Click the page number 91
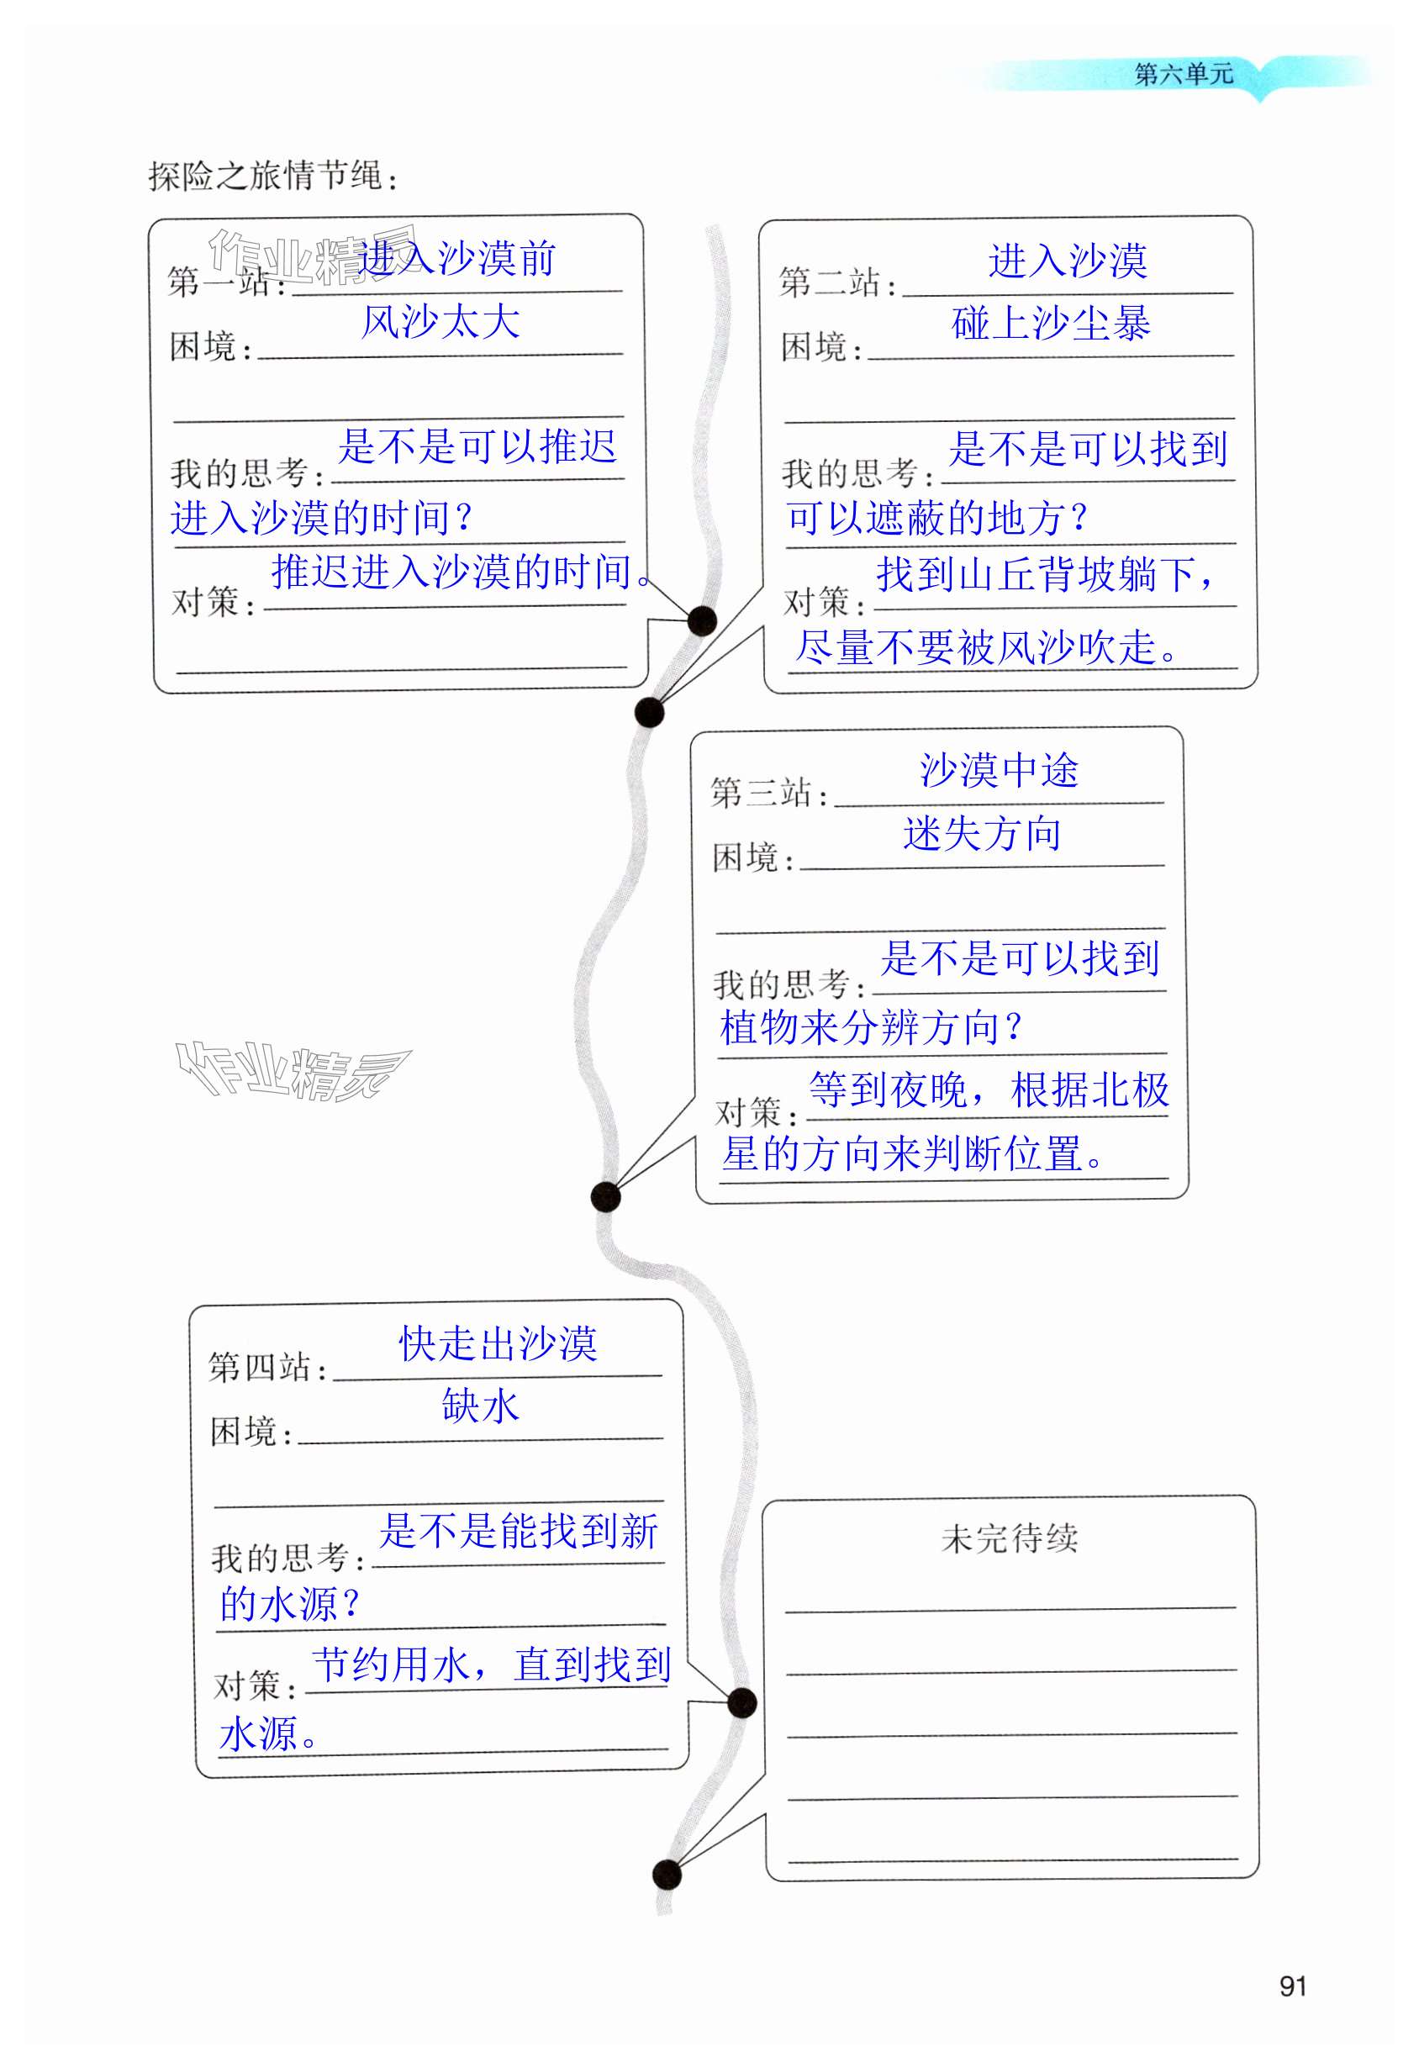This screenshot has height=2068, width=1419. [1292, 1986]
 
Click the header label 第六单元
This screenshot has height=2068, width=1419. [1184, 74]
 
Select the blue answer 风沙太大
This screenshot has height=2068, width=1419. [440, 321]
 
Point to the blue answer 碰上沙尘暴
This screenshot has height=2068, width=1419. [1050, 323]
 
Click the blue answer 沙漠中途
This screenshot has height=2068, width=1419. [998, 770]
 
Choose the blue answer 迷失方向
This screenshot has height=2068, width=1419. [982, 834]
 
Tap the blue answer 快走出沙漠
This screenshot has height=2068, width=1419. [498, 1343]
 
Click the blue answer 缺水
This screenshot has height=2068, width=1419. [479, 1406]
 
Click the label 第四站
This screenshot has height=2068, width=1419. [265, 1367]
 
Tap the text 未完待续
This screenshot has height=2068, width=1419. [1009, 1538]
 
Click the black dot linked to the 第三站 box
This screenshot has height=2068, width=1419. [605, 1197]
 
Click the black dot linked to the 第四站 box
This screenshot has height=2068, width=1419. [742, 1703]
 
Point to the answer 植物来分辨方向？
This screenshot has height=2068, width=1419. [869, 1028]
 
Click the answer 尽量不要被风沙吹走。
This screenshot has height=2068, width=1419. [986, 647]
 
